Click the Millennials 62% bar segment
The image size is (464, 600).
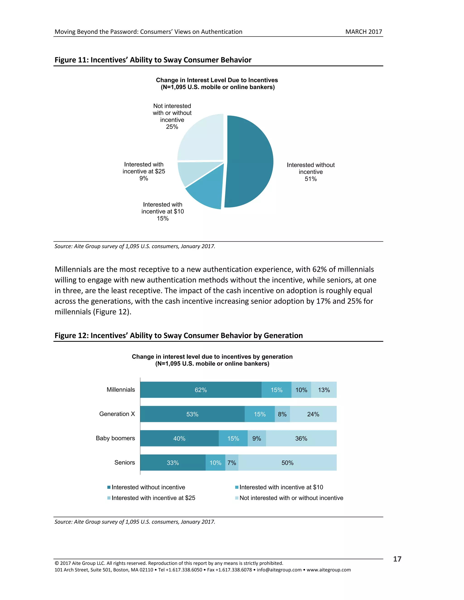click(201, 390)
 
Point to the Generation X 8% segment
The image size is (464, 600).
click(282, 414)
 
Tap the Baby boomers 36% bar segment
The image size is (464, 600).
click(301, 439)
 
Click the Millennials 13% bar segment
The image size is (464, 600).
click(324, 390)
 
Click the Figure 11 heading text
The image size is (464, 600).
click(153, 60)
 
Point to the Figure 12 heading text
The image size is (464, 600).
click(179, 336)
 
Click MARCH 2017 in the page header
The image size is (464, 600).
click(363, 32)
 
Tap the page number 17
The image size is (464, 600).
click(397, 559)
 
